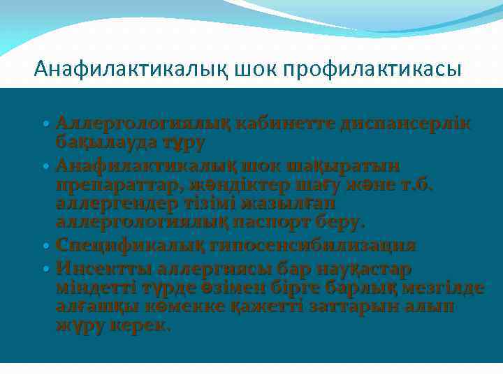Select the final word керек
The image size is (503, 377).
(x=144, y=326)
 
